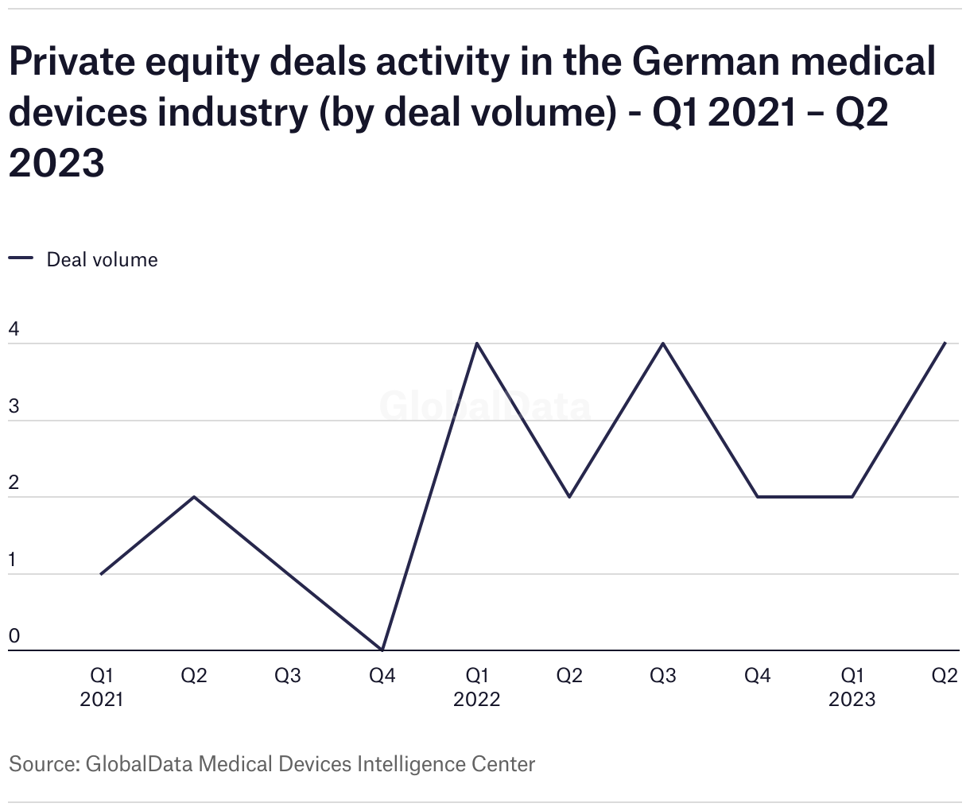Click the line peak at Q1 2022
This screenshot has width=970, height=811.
tap(476, 343)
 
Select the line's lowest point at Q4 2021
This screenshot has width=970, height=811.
tap(382, 650)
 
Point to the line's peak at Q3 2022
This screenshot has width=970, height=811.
tap(663, 343)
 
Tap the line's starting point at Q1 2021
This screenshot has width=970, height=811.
tap(101, 573)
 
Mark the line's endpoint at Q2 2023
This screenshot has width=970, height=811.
tap(945, 343)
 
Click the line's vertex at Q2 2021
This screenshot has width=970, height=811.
tap(195, 497)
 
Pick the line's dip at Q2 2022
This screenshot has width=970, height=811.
tap(570, 497)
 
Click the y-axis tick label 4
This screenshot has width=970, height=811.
tap(14, 328)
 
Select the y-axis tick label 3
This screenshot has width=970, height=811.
tap(14, 405)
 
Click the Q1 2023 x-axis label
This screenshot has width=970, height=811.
tap(852, 687)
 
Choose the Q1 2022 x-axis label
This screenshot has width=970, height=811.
tap(476, 687)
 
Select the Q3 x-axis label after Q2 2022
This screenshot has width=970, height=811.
tap(663, 676)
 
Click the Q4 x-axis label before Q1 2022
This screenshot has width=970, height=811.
tap(382, 676)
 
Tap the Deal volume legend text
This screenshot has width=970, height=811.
tap(102, 260)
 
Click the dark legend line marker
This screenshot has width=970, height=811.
tap(21, 258)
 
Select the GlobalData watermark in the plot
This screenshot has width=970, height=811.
tap(485, 406)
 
